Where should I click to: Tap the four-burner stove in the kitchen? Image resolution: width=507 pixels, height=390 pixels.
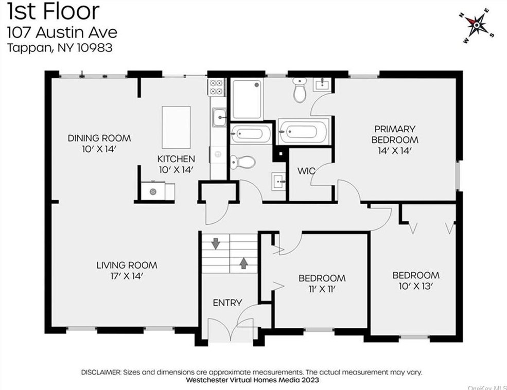tap(216, 86)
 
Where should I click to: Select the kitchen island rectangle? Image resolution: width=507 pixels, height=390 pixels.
tap(176, 127)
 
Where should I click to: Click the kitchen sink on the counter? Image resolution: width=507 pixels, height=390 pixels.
tap(219, 118)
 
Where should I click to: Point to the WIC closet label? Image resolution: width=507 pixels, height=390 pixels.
tap(306, 171)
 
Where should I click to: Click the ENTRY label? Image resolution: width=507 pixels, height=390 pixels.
tap(228, 303)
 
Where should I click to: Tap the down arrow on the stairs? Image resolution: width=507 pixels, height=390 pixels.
tap(215, 243)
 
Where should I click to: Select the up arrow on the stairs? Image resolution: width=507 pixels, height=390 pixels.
tap(243, 263)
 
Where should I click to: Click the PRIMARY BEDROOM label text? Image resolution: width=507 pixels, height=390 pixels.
tap(395, 134)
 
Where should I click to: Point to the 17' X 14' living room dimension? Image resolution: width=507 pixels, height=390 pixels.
tap(127, 276)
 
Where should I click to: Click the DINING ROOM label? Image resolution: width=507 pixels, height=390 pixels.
tap(99, 138)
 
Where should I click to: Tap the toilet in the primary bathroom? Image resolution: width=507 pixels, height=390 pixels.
tap(300, 90)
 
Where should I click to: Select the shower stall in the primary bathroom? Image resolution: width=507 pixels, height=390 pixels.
tap(247, 99)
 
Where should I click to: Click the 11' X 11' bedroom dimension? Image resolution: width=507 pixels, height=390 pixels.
tap(322, 289)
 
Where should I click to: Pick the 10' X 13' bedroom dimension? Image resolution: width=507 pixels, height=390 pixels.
tap(416, 286)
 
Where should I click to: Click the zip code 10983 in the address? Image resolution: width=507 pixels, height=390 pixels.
tap(95, 48)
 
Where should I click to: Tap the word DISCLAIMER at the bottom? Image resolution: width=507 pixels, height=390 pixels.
tap(100, 372)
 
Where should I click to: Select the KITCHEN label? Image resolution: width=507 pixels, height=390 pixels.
tap(176, 159)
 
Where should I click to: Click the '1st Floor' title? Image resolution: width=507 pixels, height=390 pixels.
tap(53, 11)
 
